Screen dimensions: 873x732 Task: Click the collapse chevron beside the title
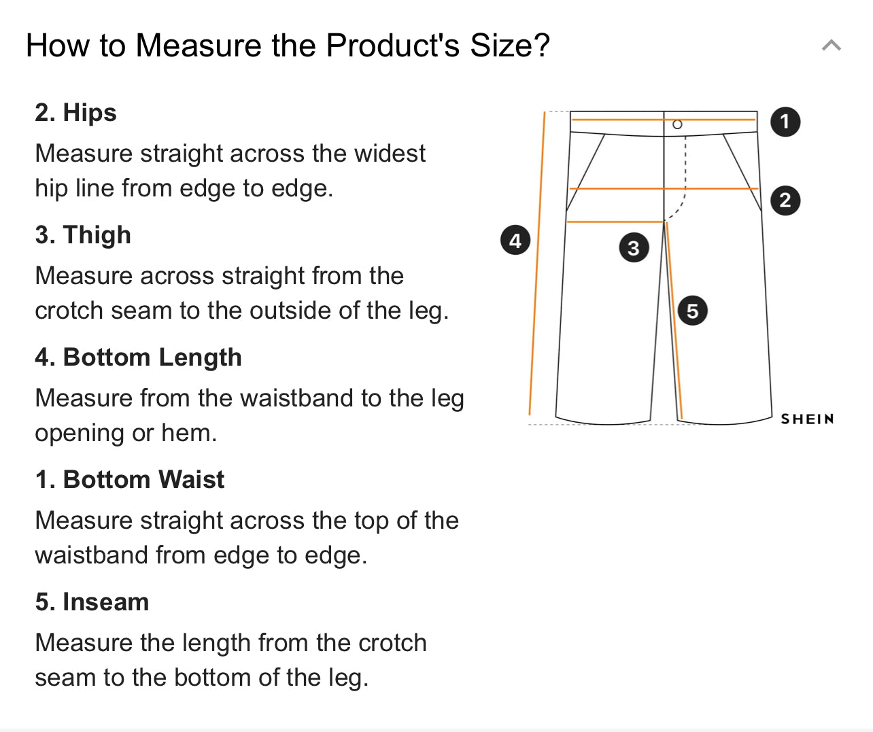point(832,45)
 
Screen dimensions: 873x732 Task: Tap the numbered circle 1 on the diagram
point(785,122)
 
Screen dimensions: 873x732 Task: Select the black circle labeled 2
point(785,201)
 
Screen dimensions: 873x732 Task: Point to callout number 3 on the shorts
point(634,247)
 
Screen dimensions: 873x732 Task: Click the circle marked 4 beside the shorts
point(515,241)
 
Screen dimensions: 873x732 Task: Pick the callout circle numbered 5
point(692,311)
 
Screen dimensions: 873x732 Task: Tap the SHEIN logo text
point(807,419)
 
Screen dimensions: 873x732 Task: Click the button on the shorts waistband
point(677,124)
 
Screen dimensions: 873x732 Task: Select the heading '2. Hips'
point(75,112)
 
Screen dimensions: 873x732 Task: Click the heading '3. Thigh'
point(83,234)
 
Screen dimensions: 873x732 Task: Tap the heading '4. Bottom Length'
point(139,357)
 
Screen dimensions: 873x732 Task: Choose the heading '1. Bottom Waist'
point(130,479)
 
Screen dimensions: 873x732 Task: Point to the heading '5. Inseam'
point(92,602)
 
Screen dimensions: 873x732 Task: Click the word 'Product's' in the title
point(392,45)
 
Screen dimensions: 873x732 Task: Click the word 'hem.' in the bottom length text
point(189,432)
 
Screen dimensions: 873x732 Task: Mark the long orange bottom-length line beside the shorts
point(537,263)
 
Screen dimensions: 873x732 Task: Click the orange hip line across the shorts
point(664,188)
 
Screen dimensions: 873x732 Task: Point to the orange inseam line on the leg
point(674,320)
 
